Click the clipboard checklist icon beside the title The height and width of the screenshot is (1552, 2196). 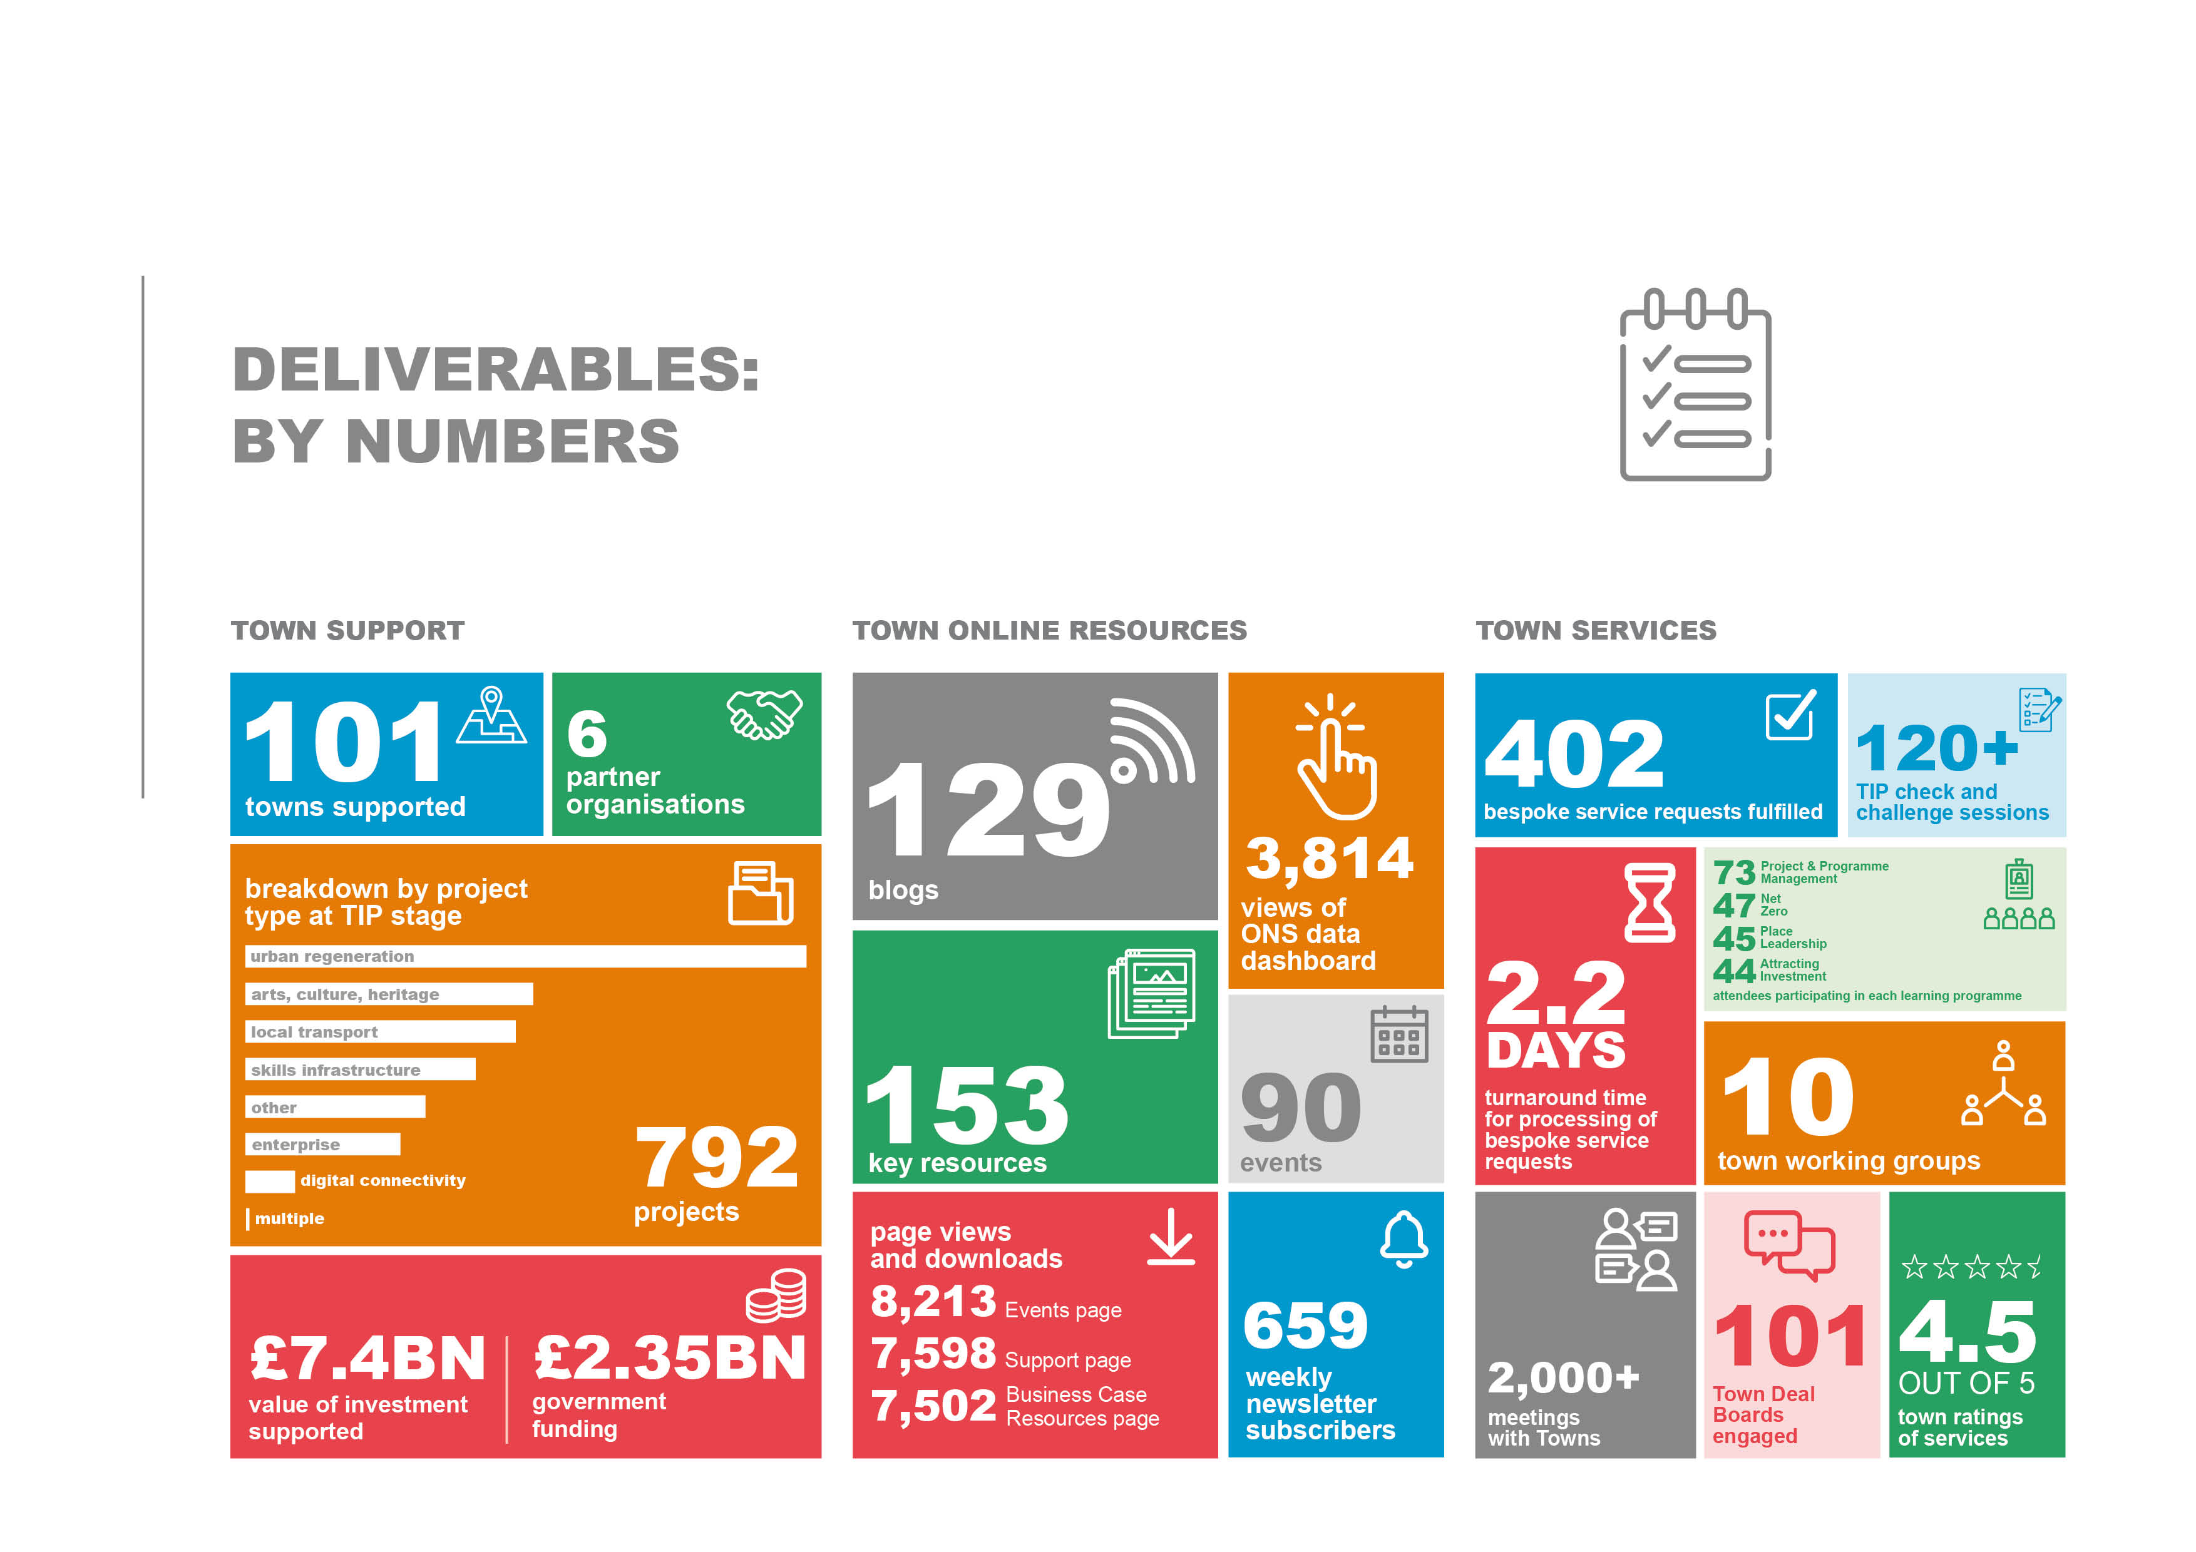[1694, 385]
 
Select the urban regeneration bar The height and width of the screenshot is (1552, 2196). [525, 956]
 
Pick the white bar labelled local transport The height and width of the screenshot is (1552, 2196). [380, 1032]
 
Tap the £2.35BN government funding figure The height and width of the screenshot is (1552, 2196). [670, 1358]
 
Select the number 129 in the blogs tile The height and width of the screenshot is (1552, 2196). [987, 811]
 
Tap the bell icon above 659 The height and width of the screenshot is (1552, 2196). [1403, 1239]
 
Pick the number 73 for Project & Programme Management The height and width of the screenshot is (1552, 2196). [1733, 872]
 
